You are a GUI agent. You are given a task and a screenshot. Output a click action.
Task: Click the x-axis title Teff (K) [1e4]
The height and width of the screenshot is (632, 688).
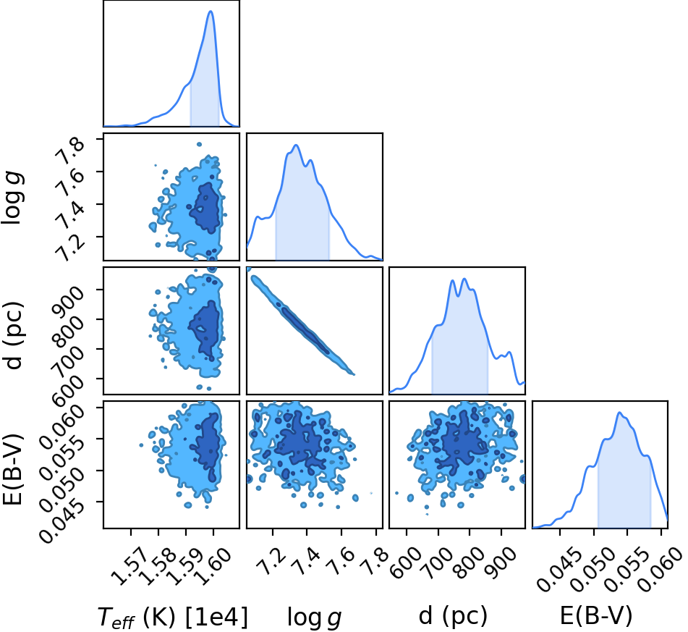pos(172,617)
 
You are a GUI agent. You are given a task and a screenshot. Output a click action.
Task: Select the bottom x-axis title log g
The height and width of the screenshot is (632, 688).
pos(314,618)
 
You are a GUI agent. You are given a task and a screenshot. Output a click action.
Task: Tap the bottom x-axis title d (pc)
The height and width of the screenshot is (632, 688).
pos(453,616)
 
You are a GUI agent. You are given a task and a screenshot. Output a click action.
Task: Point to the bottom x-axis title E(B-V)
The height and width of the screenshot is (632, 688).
pos(596,616)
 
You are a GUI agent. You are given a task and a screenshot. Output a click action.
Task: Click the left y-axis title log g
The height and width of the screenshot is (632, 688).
pos(12,198)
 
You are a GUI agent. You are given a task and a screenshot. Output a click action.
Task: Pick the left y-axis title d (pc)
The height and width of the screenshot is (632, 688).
pos(12,335)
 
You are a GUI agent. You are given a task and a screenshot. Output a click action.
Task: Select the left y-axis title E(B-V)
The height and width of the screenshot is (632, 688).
pos(12,469)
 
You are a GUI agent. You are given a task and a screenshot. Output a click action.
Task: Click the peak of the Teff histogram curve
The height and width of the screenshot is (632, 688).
pos(211,11)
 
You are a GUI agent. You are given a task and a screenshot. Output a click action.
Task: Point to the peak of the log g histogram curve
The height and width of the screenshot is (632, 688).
pos(296,145)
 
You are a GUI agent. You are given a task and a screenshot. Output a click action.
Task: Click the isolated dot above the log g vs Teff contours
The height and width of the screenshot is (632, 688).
pos(199,144)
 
